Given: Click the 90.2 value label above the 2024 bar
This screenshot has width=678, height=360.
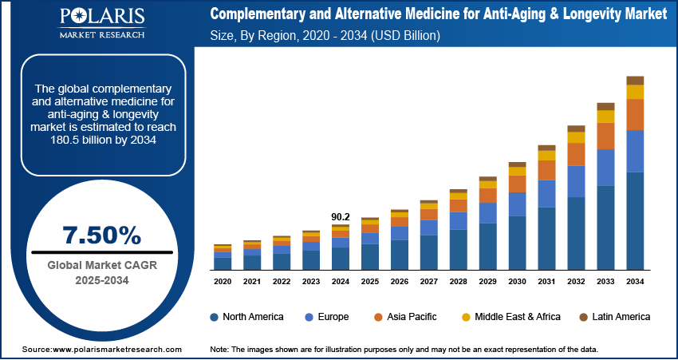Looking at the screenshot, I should click(341, 216).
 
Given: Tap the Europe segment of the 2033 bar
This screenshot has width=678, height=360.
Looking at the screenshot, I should click(605, 168).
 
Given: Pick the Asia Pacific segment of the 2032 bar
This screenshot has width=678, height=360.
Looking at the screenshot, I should click(576, 154).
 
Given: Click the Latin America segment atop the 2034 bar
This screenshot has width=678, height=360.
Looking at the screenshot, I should click(635, 80).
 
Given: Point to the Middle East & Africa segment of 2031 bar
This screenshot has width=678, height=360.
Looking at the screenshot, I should click(546, 156).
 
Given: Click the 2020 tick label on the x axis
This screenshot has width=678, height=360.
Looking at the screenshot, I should click(223, 282).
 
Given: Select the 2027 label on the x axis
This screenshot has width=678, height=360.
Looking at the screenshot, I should click(429, 282).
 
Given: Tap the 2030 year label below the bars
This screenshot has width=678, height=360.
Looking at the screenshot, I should click(517, 282).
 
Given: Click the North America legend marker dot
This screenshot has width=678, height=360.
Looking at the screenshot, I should click(215, 317).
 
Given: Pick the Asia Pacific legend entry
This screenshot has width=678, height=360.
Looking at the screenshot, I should click(404, 317).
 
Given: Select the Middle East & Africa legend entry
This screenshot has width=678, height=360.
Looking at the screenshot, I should click(510, 317).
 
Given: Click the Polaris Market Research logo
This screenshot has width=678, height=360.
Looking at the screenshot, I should click(101, 23).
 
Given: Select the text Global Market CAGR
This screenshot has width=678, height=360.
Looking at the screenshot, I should click(101, 265).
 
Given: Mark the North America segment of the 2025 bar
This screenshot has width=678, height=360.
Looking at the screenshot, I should click(370, 256).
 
